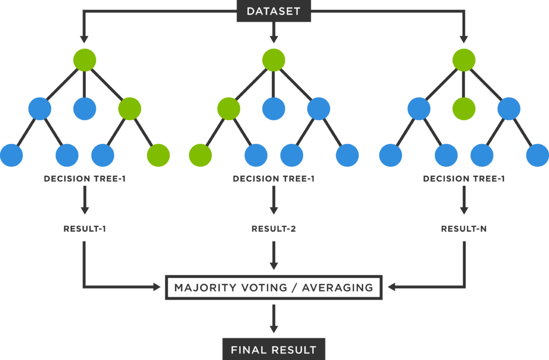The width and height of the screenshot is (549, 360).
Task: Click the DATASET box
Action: (x=274, y=11)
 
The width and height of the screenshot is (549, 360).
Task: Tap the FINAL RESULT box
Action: (x=273, y=350)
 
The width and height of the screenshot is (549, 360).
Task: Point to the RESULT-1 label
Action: (x=85, y=229)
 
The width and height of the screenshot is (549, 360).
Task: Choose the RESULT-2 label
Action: (x=273, y=229)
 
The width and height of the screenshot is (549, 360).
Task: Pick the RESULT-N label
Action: (x=464, y=229)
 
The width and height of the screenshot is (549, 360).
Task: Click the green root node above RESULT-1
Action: (x=85, y=60)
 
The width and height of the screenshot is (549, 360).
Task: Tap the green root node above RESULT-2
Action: (x=273, y=60)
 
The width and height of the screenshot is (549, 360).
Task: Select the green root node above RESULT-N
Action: (x=464, y=60)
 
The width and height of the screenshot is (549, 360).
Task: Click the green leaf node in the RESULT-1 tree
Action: (x=158, y=156)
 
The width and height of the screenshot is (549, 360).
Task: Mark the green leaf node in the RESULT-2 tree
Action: (x=200, y=156)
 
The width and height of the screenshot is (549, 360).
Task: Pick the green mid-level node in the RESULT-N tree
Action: (x=464, y=109)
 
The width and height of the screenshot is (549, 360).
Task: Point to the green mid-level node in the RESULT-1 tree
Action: (x=130, y=109)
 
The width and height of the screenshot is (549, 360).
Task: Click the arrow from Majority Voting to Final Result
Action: (x=273, y=319)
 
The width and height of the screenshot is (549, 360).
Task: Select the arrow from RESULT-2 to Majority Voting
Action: (x=273, y=256)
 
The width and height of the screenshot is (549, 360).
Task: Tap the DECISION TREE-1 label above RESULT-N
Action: (x=464, y=179)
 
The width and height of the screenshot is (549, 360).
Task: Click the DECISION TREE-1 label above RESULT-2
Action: (x=273, y=179)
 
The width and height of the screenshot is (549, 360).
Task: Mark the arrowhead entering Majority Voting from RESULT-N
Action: (x=391, y=288)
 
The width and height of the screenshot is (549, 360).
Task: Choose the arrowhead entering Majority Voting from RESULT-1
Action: (x=157, y=288)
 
